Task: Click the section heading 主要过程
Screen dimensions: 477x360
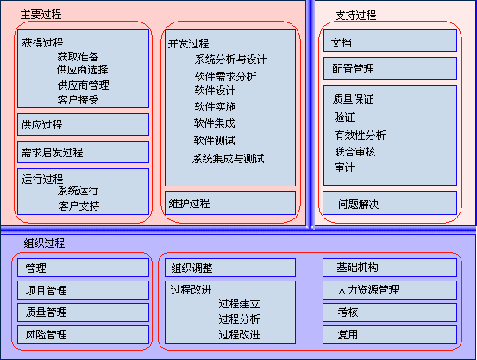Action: (x=41, y=15)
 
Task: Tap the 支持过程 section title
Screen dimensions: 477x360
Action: (x=355, y=15)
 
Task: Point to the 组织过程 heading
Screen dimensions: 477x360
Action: (x=44, y=243)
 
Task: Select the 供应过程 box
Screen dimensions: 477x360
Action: (x=83, y=124)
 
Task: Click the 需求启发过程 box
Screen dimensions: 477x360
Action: (x=83, y=152)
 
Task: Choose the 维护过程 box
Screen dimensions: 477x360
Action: (x=230, y=203)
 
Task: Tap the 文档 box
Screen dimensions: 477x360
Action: (x=390, y=41)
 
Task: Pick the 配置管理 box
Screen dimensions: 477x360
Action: (x=390, y=68)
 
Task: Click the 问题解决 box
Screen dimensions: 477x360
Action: (x=390, y=203)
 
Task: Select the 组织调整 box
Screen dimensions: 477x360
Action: (x=230, y=268)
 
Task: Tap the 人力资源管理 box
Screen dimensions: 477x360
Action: (x=390, y=290)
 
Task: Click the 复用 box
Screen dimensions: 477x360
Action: (x=390, y=334)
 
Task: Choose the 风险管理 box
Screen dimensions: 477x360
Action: (x=83, y=334)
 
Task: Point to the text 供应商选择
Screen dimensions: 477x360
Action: (x=83, y=70)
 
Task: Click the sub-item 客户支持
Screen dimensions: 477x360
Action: (x=78, y=206)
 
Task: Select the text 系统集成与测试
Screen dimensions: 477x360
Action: (x=229, y=159)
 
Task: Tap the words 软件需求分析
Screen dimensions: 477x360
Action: (x=225, y=77)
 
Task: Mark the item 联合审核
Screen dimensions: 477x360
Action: (x=355, y=151)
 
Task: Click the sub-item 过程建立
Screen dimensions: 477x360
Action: (x=239, y=304)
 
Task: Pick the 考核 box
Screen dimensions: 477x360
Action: (x=390, y=313)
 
